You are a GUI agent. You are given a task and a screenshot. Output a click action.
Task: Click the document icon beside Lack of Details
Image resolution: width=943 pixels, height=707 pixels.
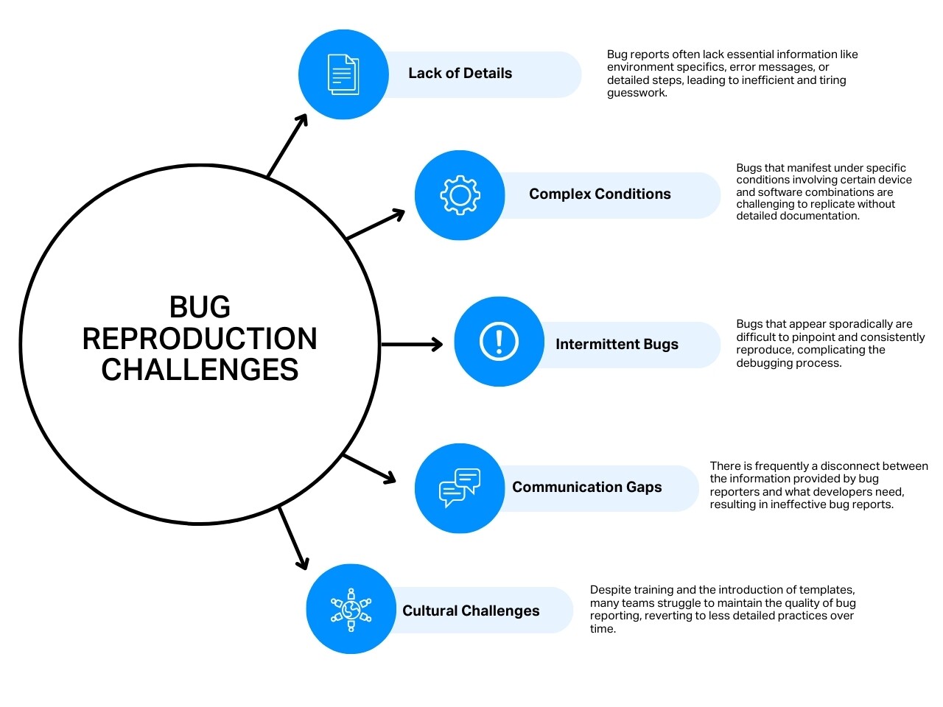[343, 74]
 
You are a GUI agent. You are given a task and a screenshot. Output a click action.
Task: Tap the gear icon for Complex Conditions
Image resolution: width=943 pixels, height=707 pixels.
[460, 195]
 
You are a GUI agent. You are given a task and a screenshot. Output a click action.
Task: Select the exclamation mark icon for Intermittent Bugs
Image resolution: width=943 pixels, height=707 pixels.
[499, 342]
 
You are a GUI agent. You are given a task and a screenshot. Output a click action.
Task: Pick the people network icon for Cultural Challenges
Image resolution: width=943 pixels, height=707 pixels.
[351, 609]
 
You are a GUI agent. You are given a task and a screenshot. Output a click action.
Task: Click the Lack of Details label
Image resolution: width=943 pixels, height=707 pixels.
[460, 74]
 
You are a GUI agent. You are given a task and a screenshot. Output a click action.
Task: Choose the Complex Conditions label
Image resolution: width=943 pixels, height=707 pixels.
[600, 194]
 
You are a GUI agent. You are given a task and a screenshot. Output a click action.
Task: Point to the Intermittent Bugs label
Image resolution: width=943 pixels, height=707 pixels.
[617, 345]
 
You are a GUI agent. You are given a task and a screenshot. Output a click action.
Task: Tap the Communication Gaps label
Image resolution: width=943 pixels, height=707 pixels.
[586, 488]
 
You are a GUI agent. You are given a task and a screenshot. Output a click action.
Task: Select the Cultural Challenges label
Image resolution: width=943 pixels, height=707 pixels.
[471, 611]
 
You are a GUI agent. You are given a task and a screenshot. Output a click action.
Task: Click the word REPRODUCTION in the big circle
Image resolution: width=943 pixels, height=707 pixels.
[200, 339]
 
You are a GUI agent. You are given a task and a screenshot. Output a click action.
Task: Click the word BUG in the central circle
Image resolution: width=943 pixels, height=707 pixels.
[200, 307]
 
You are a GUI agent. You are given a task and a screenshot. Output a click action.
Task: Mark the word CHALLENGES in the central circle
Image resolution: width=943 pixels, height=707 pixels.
[200, 370]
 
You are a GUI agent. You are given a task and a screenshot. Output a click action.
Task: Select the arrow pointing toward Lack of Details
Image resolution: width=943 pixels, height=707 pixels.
[287, 146]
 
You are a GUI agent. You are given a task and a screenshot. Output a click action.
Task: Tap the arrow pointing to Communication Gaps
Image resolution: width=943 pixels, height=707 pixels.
[370, 468]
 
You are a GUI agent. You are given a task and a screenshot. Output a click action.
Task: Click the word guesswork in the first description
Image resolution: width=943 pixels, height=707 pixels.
[637, 94]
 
